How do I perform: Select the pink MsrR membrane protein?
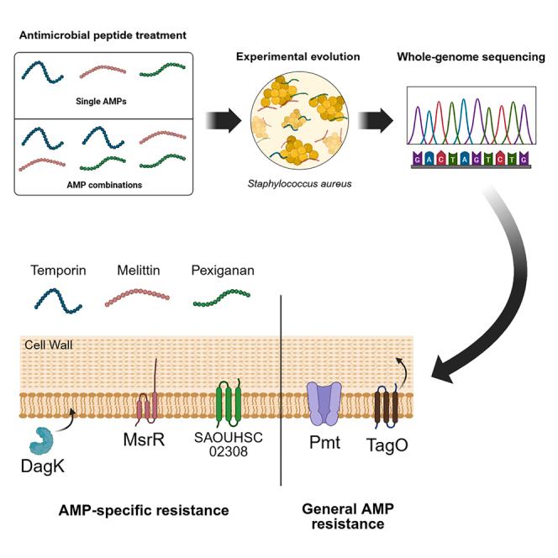[x=147, y=407]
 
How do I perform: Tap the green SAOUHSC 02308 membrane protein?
[x=229, y=403]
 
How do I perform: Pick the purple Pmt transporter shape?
[x=324, y=403]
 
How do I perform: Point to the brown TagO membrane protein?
[x=387, y=408]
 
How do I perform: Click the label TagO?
[x=387, y=445]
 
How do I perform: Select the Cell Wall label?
[x=49, y=345]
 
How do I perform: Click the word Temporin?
[x=58, y=271]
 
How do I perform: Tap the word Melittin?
[x=139, y=271]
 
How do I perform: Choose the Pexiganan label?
[x=223, y=271]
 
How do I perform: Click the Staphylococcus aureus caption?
[x=300, y=184]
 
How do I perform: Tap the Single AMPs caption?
[x=101, y=102]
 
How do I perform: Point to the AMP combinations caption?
[x=104, y=185]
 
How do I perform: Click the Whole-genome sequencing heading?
[x=471, y=57]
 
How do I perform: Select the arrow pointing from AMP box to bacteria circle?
[x=224, y=120]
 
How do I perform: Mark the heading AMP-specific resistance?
[x=144, y=510]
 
